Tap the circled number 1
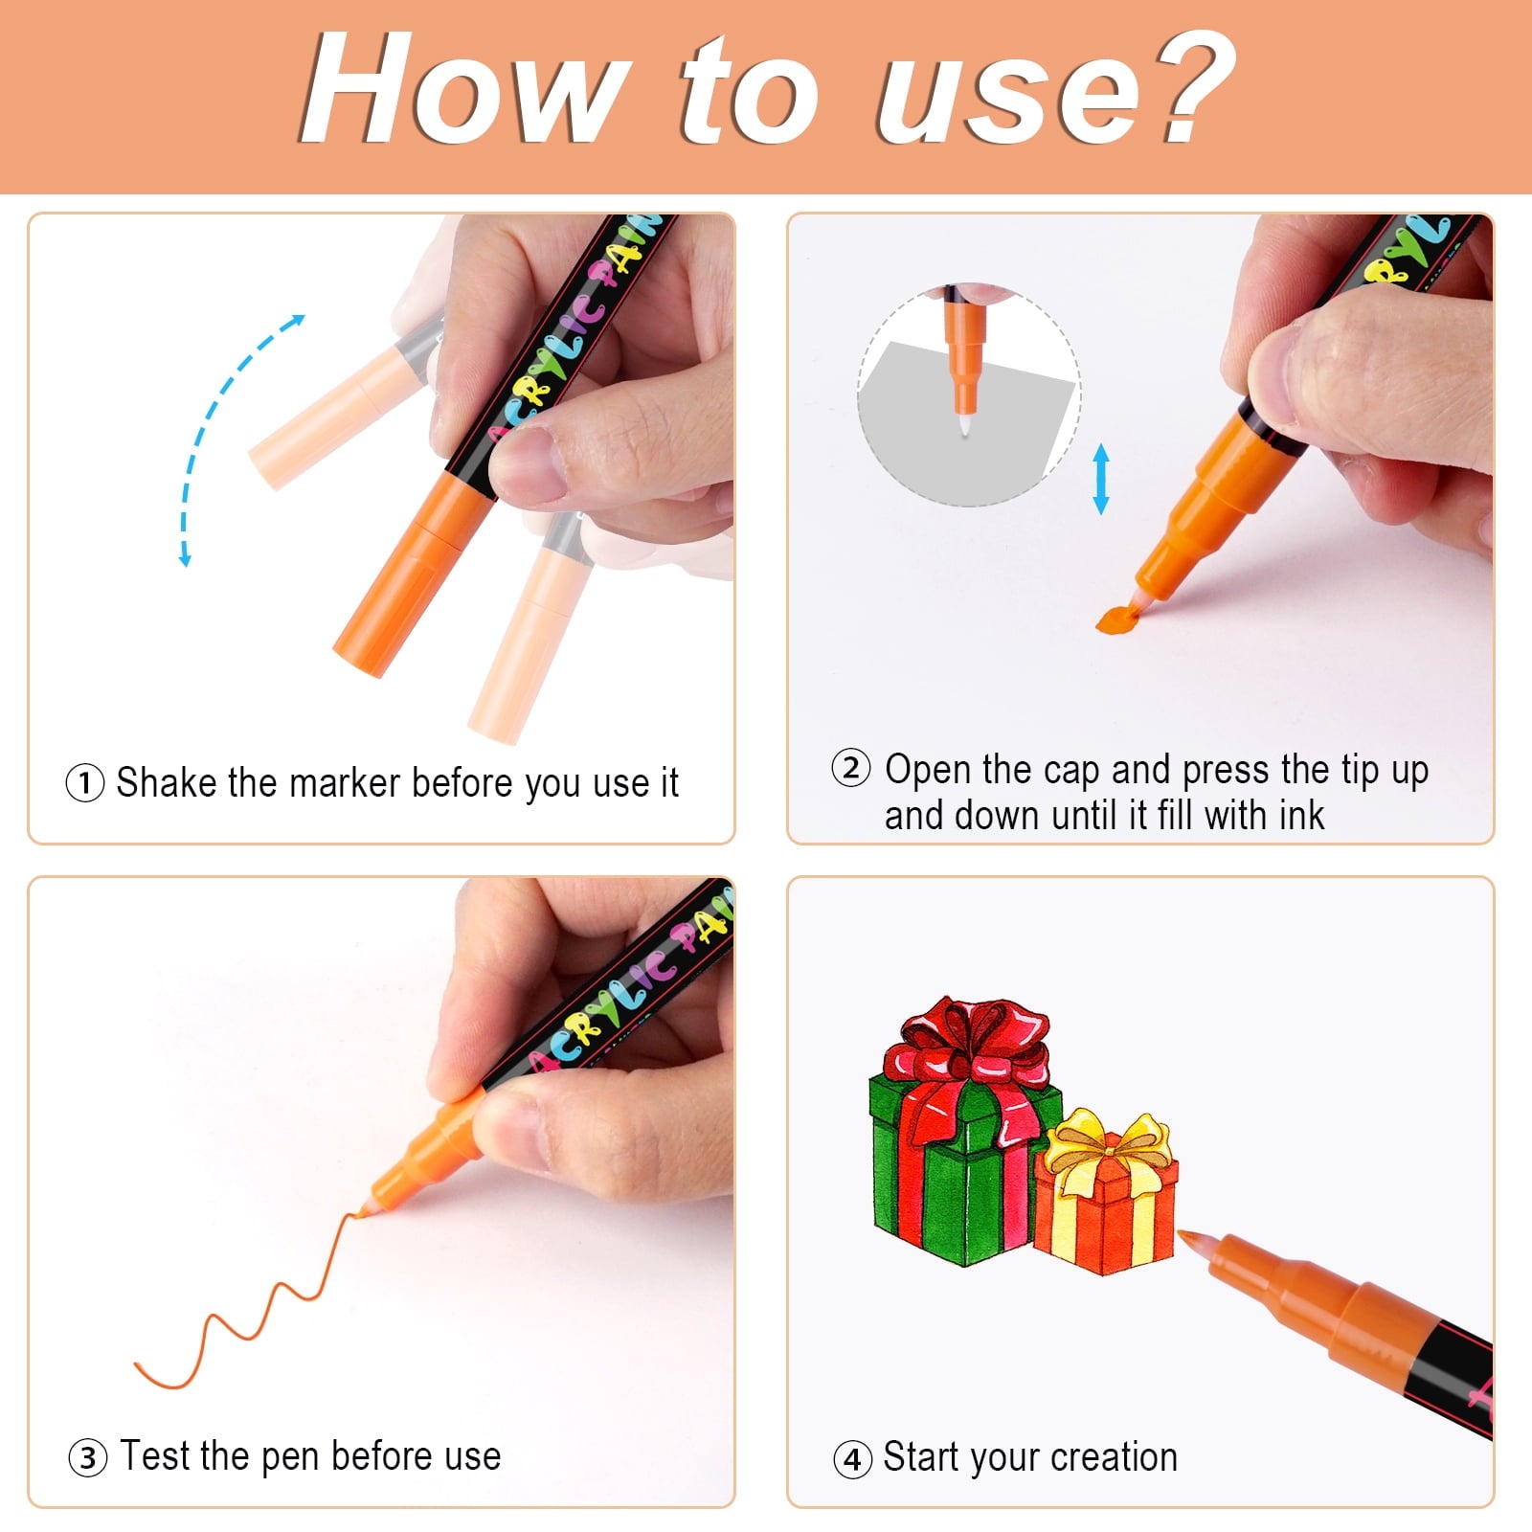click(x=85, y=783)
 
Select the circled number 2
click(x=851, y=768)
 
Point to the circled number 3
click(x=88, y=1457)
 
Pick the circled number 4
click(x=853, y=1459)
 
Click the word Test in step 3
click(x=153, y=1455)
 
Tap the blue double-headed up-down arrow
click(x=1101, y=479)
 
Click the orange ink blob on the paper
click(x=1116, y=620)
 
